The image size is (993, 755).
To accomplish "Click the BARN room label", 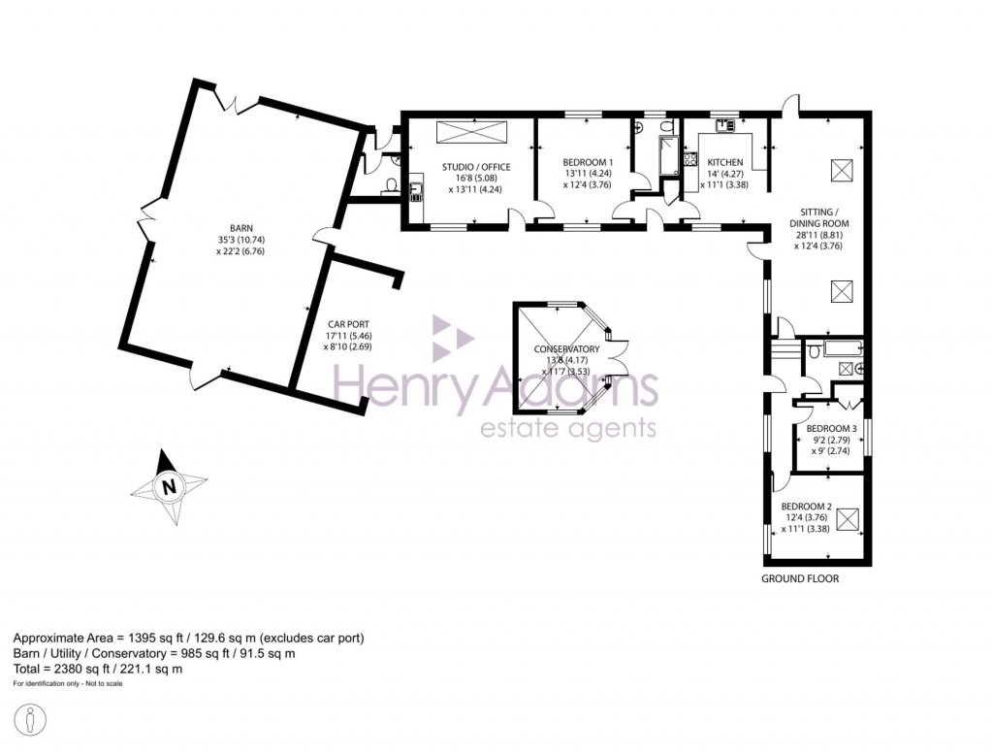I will pos(228,229).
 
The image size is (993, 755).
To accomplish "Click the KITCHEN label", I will pos(724,162).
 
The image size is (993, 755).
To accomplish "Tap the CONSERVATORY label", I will pos(566,349).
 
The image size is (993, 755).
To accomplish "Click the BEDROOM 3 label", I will pos(831,428).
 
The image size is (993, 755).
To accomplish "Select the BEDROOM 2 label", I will pos(807,506).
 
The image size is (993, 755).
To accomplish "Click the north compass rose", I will pos(169,486).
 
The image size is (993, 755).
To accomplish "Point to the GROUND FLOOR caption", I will pos(800,579).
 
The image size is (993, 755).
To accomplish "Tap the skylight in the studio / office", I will pos(468,133).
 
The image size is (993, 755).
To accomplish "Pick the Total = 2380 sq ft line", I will pos(97,669).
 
